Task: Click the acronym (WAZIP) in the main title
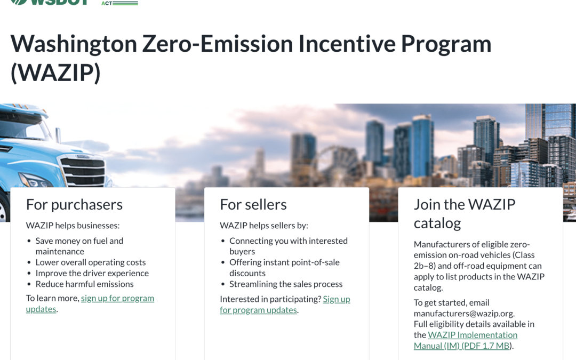[55, 74]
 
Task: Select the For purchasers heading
[74, 204]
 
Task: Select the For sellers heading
[253, 204]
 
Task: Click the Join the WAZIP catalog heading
[465, 213]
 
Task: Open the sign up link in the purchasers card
[117, 298]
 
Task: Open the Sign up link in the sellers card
[336, 299]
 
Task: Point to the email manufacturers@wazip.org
[464, 313]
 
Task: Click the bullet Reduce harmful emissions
[84, 284]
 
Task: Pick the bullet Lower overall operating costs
[90, 262]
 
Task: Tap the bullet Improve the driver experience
[92, 273]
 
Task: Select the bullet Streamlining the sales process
[286, 284]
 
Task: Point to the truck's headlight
[35, 180]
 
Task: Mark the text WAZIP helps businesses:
[73, 226]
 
